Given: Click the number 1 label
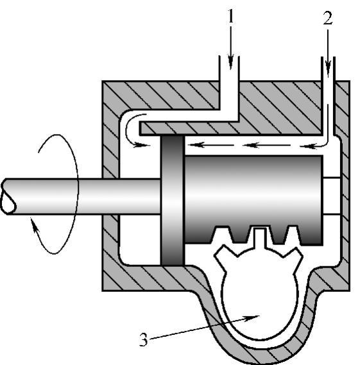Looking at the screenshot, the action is [x=231, y=16].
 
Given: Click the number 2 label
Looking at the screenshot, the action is [x=328, y=18].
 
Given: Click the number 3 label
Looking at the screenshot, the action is [x=144, y=339].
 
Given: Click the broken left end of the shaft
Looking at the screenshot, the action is [x=8, y=197].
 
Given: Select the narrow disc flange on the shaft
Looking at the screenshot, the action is [x=173, y=200].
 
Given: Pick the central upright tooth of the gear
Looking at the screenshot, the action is [x=259, y=238].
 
